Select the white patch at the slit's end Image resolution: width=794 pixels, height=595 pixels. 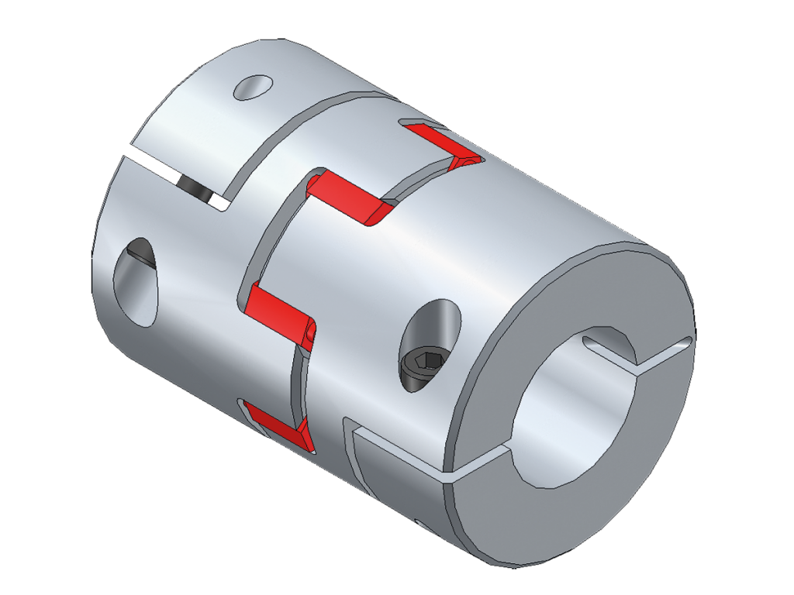(x=219, y=202)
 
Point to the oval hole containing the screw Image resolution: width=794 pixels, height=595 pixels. (x=430, y=341)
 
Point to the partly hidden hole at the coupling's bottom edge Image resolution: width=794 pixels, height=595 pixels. (x=423, y=527)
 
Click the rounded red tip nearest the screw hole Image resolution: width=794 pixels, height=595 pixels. (x=310, y=333)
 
